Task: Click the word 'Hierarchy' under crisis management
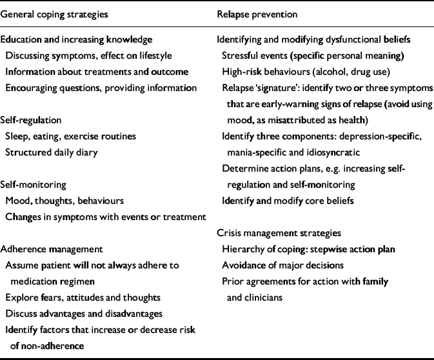click(243, 248)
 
